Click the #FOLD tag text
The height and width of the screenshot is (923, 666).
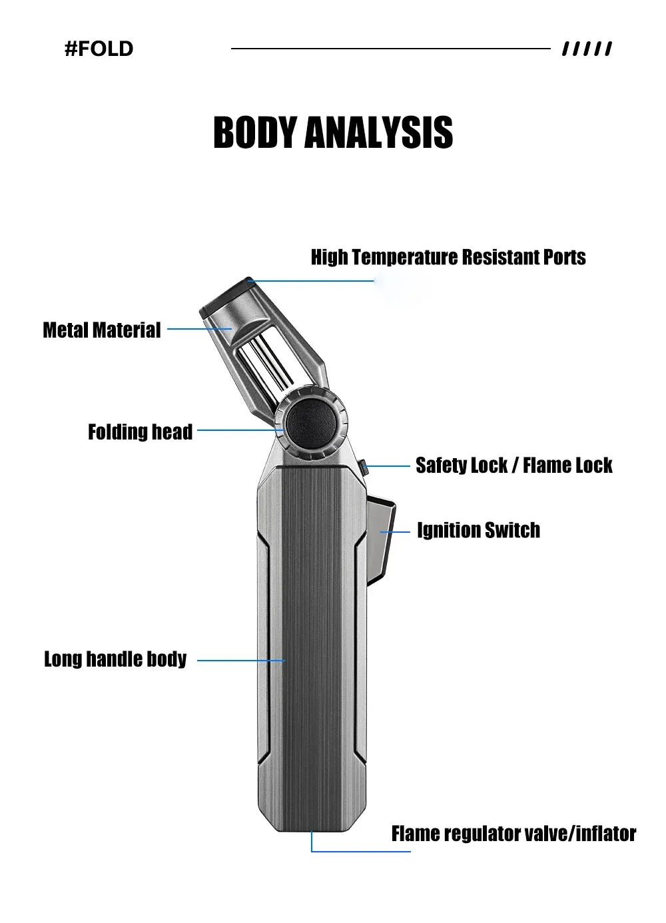[x=99, y=49]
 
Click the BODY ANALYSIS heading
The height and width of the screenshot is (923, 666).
[x=333, y=132]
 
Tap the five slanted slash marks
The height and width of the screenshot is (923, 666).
[x=587, y=49]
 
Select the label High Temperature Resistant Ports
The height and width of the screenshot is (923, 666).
[x=448, y=257]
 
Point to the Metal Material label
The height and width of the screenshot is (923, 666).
[x=102, y=330]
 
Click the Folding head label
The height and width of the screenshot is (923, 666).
[x=140, y=432]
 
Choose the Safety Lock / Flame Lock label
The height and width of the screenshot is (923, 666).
[x=513, y=465]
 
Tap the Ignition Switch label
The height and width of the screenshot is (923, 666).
[x=478, y=531]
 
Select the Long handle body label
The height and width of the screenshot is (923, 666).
[x=115, y=659]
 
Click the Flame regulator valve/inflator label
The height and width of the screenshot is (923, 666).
[x=513, y=834]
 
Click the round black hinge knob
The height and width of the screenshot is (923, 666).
[x=310, y=424]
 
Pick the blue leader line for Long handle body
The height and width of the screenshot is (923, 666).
[x=241, y=661]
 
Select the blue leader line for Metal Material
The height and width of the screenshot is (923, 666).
[x=198, y=329]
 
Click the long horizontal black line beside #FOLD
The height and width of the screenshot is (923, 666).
[x=390, y=49]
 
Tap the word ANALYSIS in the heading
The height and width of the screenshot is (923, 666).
[x=379, y=132]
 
